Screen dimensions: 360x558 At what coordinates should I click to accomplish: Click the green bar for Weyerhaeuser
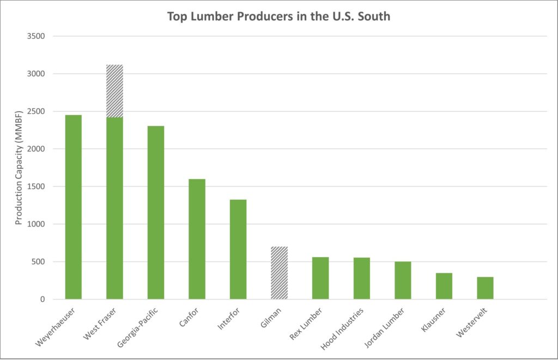click(73, 207)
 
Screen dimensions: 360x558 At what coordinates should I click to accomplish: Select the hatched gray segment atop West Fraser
click(114, 91)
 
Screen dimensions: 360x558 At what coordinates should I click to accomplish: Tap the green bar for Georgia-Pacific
click(156, 212)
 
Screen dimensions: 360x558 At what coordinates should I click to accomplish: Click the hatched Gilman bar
click(279, 273)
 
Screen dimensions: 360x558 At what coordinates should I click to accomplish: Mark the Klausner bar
click(444, 286)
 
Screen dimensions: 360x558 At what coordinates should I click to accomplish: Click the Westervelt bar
click(485, 288)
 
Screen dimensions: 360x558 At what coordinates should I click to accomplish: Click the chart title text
click(278, 16)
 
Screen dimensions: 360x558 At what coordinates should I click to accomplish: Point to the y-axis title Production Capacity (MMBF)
click(19, 168)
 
